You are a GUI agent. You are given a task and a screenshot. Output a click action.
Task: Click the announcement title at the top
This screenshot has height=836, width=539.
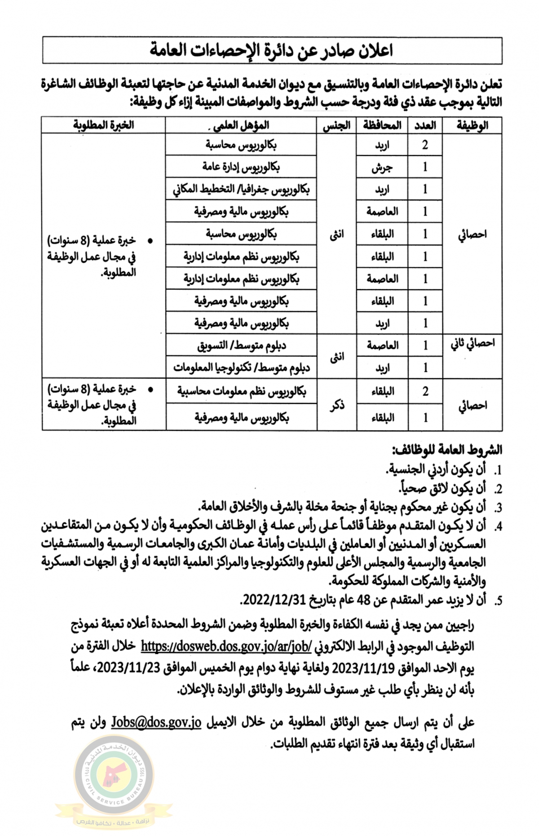pyautogui.click(x=271, y=50)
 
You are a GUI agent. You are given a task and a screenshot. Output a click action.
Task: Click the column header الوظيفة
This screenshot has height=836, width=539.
pyautogui.click(x=472, y=125)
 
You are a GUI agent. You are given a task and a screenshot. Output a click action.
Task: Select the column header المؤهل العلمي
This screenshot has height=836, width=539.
pyautogui.click(x=241, y=125)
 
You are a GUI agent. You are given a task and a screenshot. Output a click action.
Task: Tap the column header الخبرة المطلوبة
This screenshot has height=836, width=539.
pyautogui.click(x=104, y=124)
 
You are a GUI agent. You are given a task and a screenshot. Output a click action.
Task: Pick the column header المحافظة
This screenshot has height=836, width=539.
pyautogui.click(x=382, y=125)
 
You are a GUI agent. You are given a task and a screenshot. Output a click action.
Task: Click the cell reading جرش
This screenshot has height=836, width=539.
pyautogui.click(x=382, y=167)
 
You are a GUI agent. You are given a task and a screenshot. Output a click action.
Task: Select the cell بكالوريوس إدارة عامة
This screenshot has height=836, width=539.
pyautogui.click(x=241, y=167)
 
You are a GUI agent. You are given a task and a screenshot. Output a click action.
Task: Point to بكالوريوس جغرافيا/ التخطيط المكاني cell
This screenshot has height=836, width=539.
pyautogui.click(x=241, y=189)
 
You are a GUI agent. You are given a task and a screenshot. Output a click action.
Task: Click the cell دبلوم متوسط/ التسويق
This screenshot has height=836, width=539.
pyautogui.click(x=241, y=345)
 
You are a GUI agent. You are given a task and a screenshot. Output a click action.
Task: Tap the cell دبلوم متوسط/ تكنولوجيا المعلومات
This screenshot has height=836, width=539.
pyautogui.click(x=241, y=368)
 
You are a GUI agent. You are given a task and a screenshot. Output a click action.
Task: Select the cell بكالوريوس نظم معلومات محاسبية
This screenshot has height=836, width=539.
pyautogui.click(x=241, y=391)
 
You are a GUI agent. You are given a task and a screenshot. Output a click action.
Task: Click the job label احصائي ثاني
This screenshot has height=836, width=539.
pyautogui.click(x=472, y=344)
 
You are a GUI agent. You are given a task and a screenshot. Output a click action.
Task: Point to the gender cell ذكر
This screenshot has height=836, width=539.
pyautogui.click(x=337, y=405)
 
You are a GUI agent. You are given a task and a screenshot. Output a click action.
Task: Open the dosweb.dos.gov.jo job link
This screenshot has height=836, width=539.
pyautogui.click(x=226, y=646)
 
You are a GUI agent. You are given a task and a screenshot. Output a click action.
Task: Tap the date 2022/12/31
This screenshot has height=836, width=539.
pyautogui.click(x=274, y=600)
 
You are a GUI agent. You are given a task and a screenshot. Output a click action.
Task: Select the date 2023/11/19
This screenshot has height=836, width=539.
pyautogui.click(x=363, y=668)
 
